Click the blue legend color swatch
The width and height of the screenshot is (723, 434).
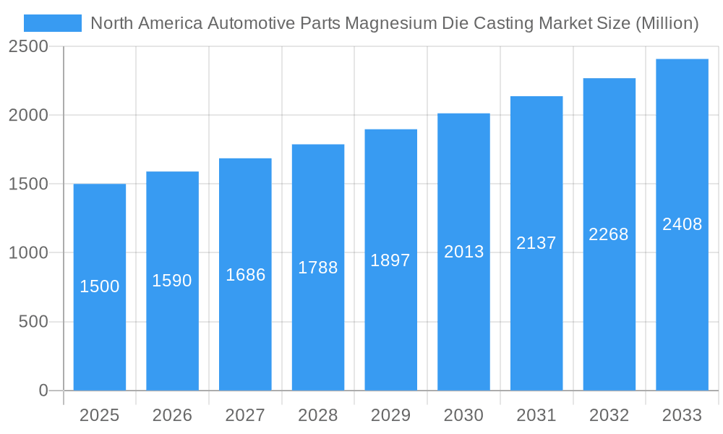click(x=52, y=23)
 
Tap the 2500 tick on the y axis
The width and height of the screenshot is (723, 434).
click(x=28, y=46)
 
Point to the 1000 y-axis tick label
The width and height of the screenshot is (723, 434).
click(x=28, y=253)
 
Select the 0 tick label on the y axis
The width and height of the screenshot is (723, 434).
click(x=43, y=391)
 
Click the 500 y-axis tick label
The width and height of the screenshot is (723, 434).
click(x=33, y=322)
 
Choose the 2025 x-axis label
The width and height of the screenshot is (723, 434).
click(x=99, y=415)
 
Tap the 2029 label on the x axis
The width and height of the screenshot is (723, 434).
click(x=390, y=415)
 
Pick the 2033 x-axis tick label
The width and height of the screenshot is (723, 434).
click(x=682, y=415)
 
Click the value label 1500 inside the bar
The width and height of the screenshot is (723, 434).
click(x=99, y=286)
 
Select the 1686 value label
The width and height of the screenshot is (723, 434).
click(x=245, y=275)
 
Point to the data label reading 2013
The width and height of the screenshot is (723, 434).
click(x=463, y=252)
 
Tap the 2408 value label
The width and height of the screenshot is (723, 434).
click(x=682, y=224)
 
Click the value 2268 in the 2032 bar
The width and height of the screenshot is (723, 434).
click(x=609, y=234)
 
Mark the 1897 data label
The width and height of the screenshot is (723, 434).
click(x=390, y=260)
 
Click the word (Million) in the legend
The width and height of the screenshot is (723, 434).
click(x=667, y=23)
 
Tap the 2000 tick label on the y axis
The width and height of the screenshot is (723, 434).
click(x=28, y=116)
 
